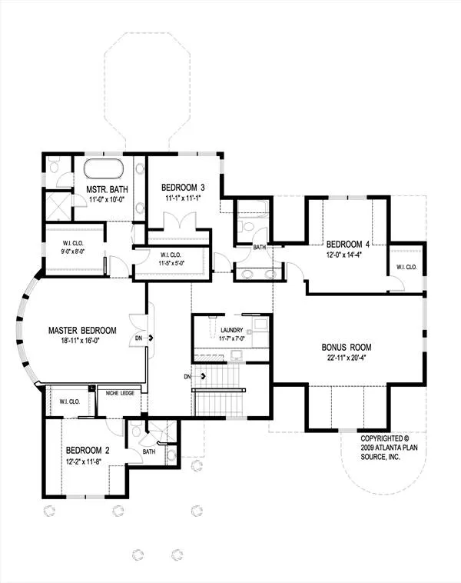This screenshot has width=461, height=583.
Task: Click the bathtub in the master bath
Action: [x=103, y=168]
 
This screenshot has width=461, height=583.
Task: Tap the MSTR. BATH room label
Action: [x=107, y=190]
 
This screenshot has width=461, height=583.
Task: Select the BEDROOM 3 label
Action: [x=183, y=188]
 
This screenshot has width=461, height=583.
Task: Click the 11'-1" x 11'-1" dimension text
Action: [x=183, y=198]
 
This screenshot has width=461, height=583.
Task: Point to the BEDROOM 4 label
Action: [x=348, y=245]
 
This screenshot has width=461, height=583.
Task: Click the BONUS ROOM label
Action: [x=347, y=348]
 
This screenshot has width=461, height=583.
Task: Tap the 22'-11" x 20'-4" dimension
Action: [x=347, y=358]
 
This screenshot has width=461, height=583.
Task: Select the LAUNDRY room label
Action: [x=232, y=330]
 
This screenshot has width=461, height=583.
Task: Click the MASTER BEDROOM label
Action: [x=82, y=330]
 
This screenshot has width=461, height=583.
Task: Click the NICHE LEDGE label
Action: [x=120, y=393]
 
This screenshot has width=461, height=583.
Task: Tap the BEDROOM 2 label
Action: [x=88, y=451]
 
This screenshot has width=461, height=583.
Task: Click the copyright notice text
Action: [x=389, y=448]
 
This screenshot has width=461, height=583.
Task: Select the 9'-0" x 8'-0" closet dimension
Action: [x=73, y=251]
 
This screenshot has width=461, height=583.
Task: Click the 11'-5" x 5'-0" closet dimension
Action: [x=171, y=263]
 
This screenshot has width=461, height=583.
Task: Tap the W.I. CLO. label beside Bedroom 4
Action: [x=406, y=267]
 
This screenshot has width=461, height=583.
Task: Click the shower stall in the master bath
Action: [x=58, y=205]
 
